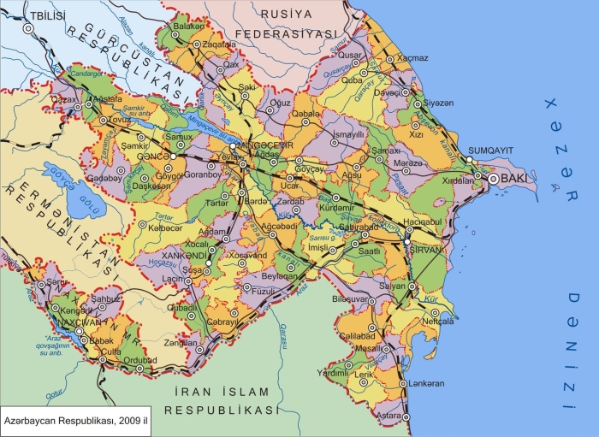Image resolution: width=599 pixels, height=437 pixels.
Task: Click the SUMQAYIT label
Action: (490, 150)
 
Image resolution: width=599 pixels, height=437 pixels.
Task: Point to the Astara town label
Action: (388, 414)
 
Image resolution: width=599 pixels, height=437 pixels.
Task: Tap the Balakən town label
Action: (190, 27)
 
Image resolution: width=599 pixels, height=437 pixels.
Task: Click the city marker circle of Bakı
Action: (494, 179)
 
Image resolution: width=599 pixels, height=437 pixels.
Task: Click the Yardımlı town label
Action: (335, 372)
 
